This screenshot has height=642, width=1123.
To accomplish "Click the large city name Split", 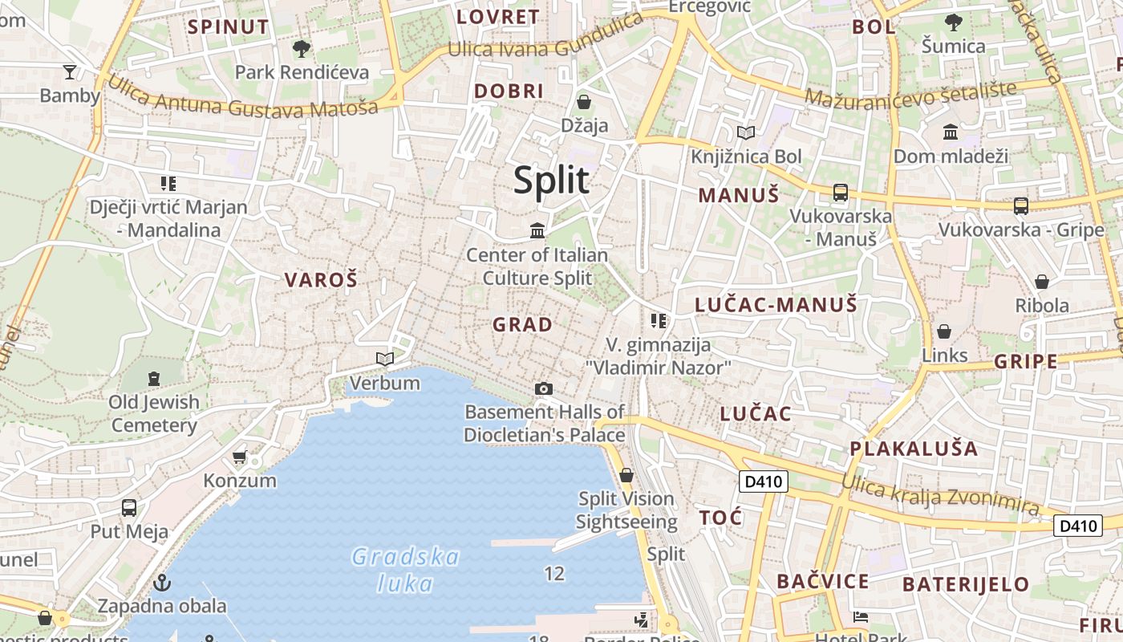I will point(551,181).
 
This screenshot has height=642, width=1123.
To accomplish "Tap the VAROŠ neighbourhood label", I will point(321,280).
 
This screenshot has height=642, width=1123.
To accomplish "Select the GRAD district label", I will point(522,325).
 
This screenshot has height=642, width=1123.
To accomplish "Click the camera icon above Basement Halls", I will point(544,389).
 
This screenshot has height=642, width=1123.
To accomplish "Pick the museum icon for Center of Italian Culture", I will point(537,231).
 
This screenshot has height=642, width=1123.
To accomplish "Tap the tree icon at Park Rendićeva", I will point(302,49).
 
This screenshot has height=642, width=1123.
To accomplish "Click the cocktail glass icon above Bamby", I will point(70,72).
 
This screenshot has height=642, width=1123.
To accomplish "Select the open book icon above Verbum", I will point(385,359).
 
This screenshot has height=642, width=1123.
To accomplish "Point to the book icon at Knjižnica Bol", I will point(746,132).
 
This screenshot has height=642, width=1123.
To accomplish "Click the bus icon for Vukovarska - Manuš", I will point(841,193).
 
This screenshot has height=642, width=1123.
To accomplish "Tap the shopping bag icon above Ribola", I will point(1041,282).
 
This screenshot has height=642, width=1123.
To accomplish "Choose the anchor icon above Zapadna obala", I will point(162,582).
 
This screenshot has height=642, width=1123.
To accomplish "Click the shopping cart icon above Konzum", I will point(239,457).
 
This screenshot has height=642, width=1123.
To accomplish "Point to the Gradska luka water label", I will point(405,570).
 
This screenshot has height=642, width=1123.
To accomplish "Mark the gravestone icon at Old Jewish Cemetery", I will point(154,378).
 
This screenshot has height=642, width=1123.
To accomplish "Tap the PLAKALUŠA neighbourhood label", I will point(914,449).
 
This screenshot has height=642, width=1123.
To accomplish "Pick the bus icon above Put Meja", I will point(128,508).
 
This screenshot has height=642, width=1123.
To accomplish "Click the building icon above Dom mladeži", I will point(951,132).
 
